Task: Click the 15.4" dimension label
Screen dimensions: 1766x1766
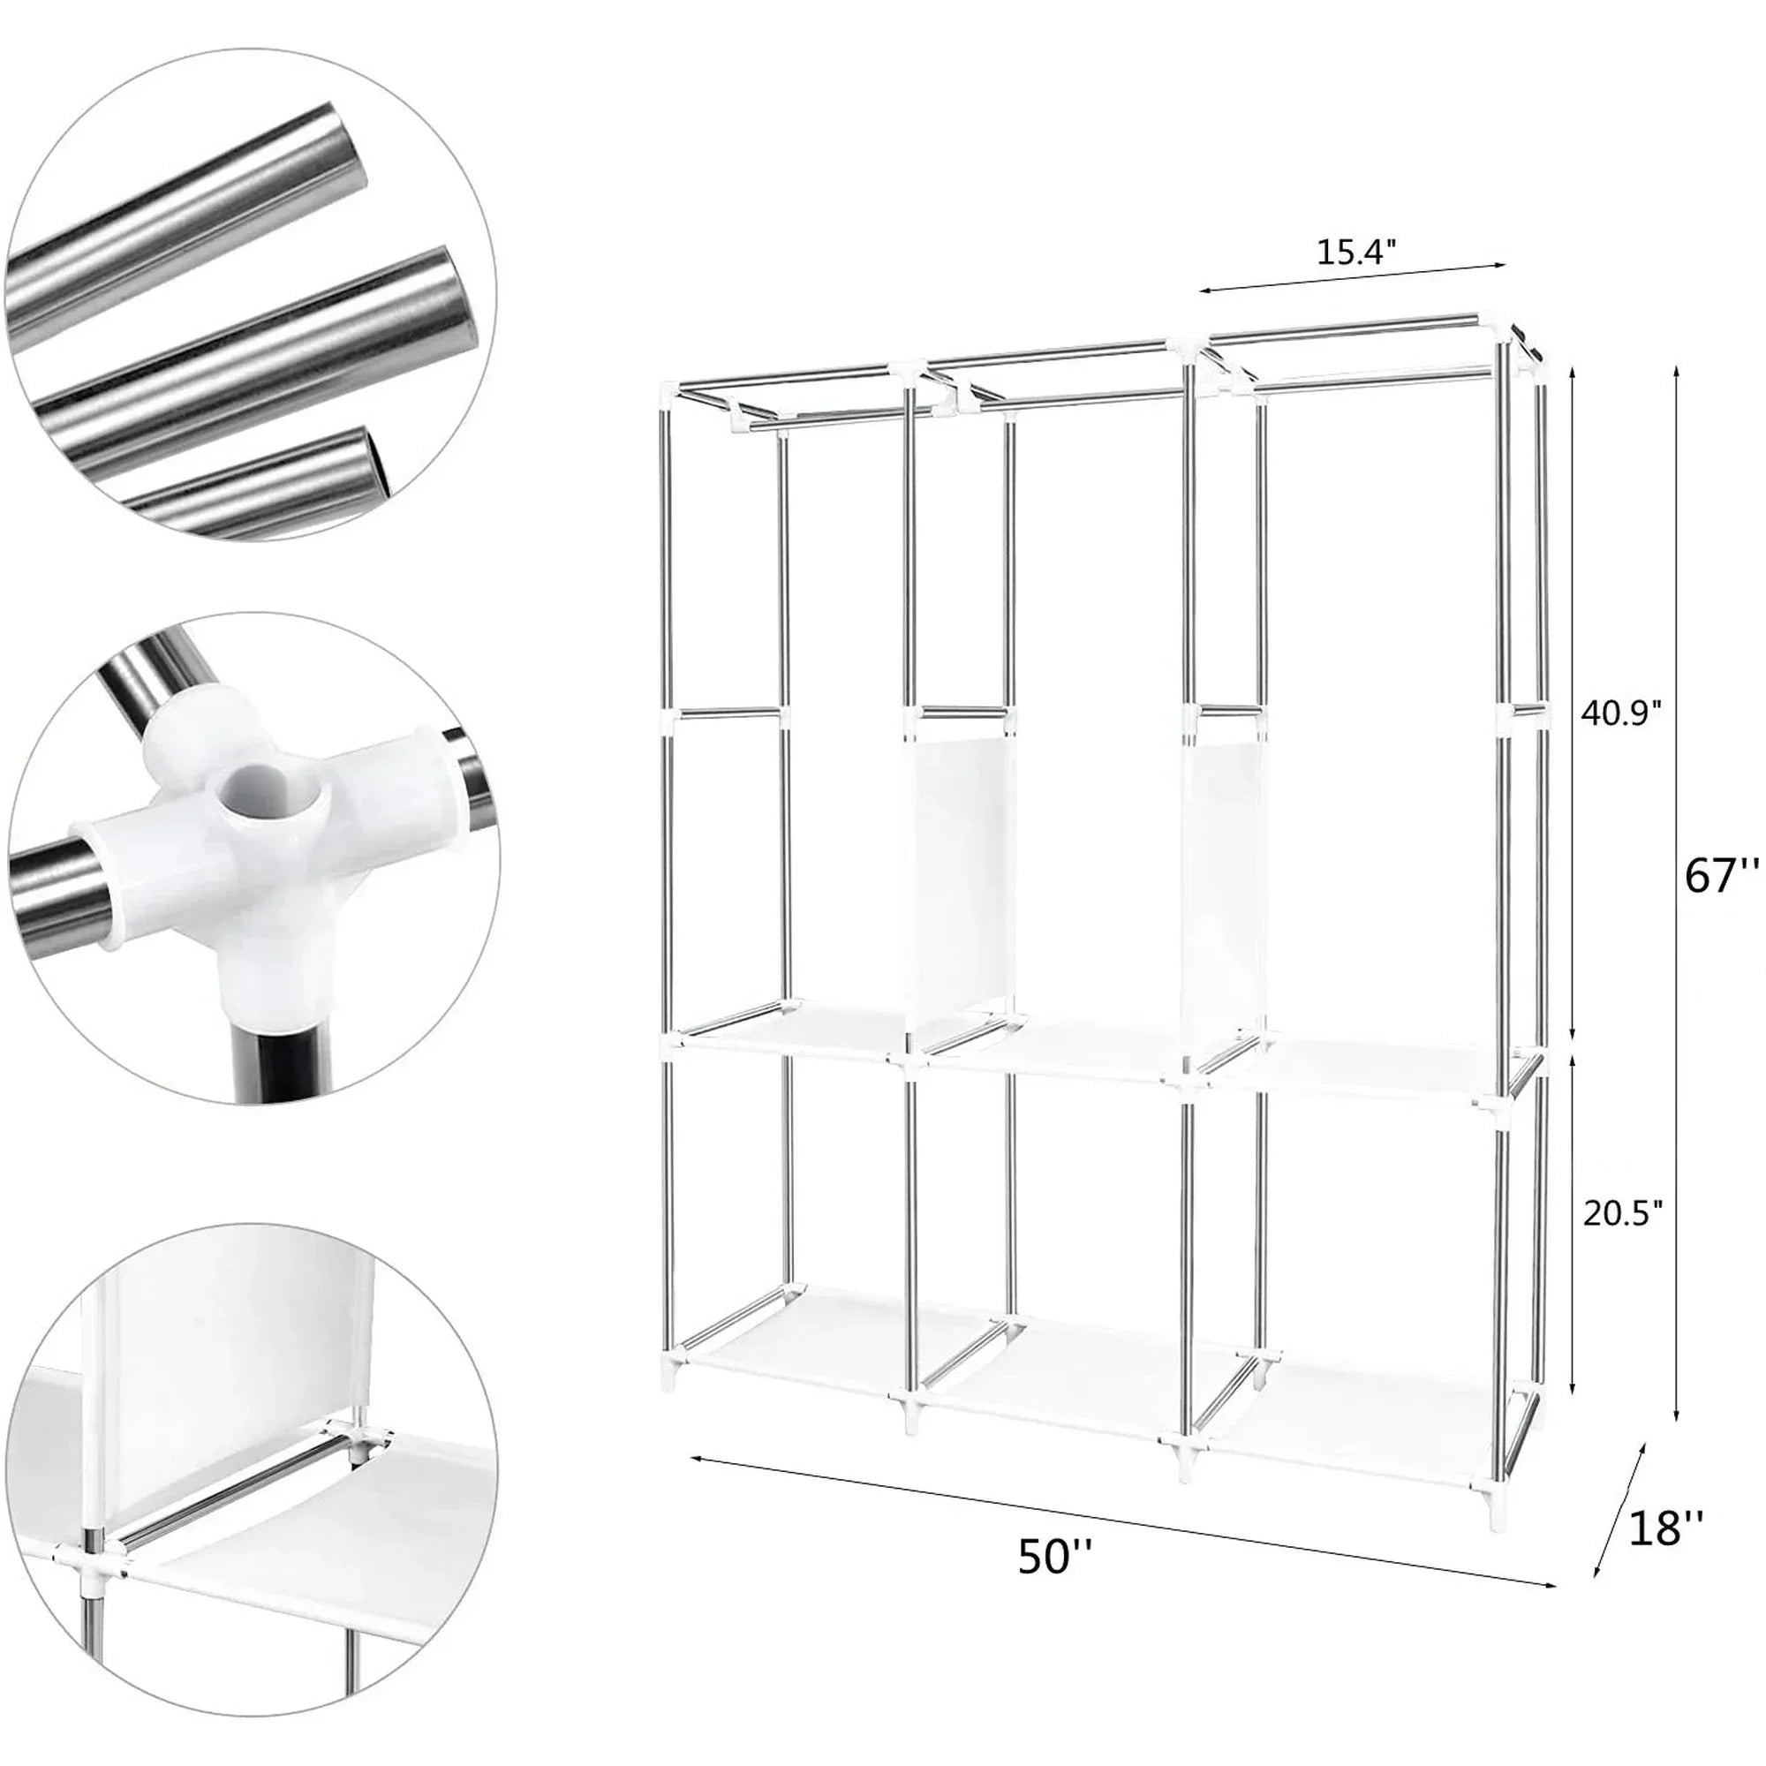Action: [x=1355, y=253]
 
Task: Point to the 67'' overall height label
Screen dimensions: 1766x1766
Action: [x=1721, y=879]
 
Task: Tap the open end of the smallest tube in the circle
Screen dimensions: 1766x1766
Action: [x=383, y=464]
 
